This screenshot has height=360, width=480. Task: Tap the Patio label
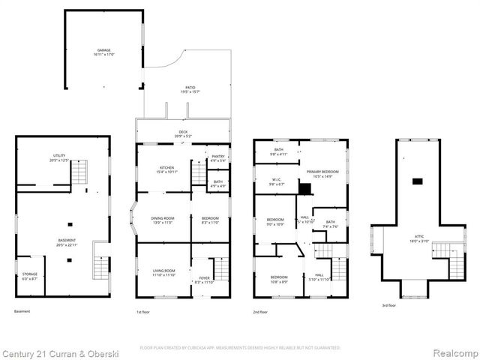[x=190, y=89]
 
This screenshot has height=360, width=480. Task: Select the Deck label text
[x=183, y=134]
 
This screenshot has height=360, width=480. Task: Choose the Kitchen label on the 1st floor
[x=166, y=169]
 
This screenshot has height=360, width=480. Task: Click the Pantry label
[x=218, y=157]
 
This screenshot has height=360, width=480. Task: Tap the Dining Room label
[x=163, y=220]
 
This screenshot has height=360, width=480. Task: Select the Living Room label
[x=163, y=272]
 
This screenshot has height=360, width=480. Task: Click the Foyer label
[x=204, y=280]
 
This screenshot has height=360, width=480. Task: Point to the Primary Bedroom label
[x=320, y=173]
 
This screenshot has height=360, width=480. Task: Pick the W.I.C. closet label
[x=275, y=181]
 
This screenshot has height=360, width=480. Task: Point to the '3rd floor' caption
[x=389, y=305]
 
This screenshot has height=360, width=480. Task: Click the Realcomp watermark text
[x=453, y=352]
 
